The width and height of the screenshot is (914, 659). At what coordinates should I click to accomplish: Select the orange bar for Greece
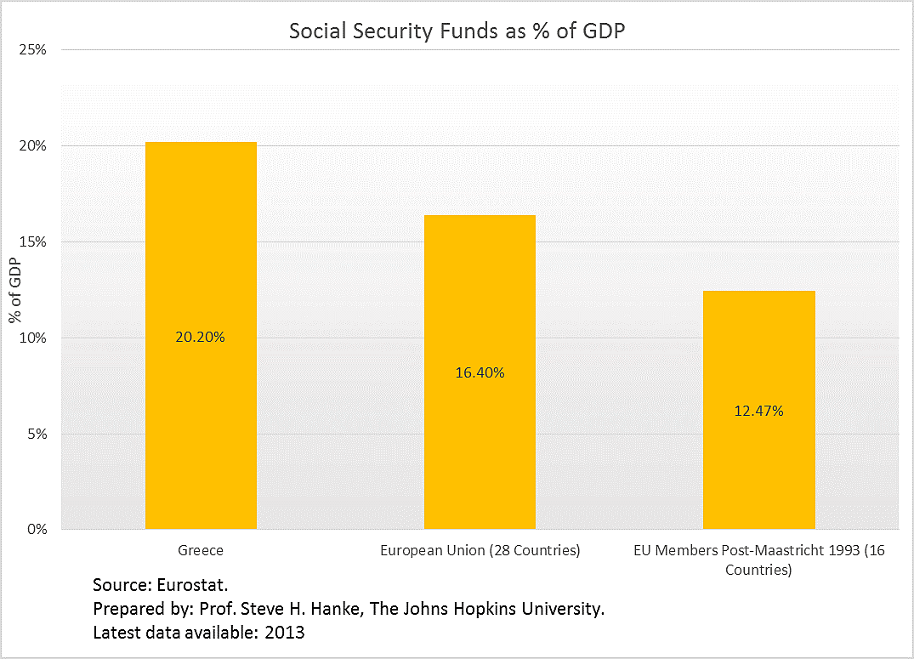(201, 255)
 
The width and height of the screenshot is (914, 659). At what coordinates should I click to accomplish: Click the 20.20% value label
(201, 337)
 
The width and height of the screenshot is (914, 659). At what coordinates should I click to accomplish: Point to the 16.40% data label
(480, 372)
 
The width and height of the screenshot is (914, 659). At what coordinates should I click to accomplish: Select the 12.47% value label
(758, 411)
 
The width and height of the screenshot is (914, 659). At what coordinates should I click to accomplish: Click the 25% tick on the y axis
(33, 50)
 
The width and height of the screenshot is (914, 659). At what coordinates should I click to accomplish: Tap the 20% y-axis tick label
(33, 146)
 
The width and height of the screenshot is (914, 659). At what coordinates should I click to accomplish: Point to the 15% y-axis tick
(33, 242)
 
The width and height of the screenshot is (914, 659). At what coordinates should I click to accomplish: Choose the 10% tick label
(33, 338)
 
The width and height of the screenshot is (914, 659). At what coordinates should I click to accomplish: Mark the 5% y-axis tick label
(37, 434)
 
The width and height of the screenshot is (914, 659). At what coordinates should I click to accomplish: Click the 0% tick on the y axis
(37, 530)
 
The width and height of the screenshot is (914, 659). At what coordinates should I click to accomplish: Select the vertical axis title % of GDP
(14, 291)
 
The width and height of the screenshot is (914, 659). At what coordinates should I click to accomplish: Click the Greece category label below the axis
(201, 550)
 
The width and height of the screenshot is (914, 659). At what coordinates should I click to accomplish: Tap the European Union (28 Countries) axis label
(480, 550)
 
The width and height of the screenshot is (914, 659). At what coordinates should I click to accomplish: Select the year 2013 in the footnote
(285, 633)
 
